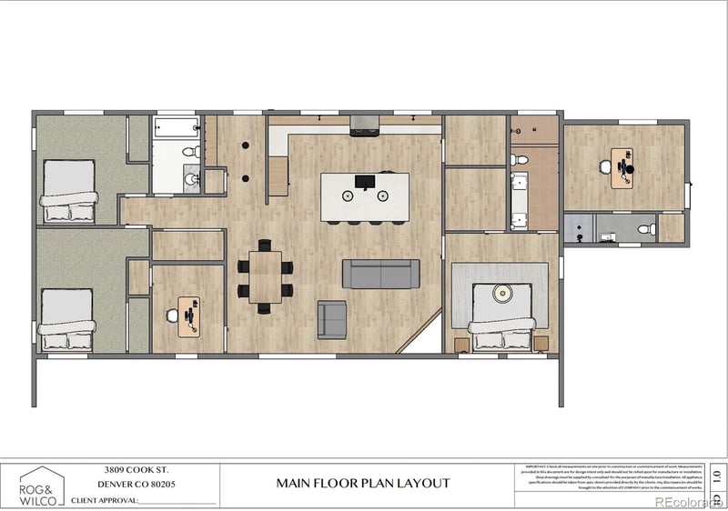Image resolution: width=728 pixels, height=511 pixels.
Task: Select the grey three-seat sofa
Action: pos(380,275)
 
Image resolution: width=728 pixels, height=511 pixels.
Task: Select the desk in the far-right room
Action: pos(622,167)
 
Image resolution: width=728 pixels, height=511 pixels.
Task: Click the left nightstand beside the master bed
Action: pos(460,345)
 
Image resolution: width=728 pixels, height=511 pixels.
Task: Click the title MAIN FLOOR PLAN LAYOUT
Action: pos(363,484)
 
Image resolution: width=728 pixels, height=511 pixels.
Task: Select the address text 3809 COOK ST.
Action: pos(136,470)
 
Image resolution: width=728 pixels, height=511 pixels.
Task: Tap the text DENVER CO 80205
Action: pos(136,485)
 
